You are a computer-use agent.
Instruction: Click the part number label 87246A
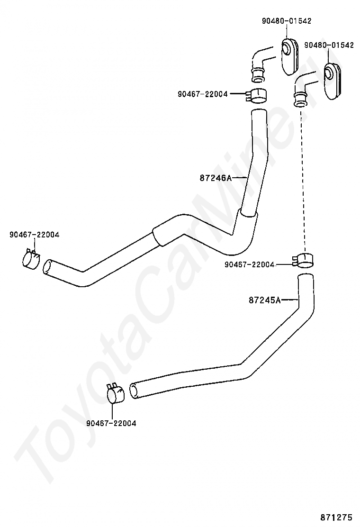tap(215, 178)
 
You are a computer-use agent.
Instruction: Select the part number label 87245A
tap(264, 300)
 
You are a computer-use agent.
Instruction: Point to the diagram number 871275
tap(337, 516)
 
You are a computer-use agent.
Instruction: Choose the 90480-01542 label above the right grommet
tap(329, 45)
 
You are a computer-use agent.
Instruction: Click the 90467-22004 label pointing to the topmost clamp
tap(203, 94)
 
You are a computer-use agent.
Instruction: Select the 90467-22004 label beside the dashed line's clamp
tap(250, 264)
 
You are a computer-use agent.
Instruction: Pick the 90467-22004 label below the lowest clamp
tap(111, 423)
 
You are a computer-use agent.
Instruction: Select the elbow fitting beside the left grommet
tap(261, 62)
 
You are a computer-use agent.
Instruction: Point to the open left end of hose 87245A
tap(135, 391)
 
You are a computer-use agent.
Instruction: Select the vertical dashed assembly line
tap(304, 180)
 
